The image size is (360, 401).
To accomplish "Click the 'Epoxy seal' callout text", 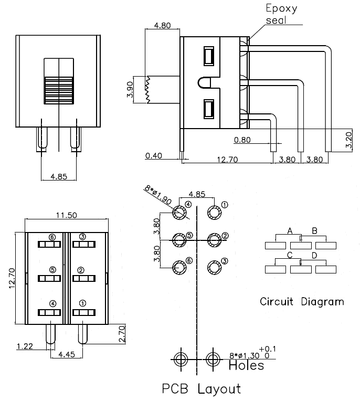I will tap(281, 15).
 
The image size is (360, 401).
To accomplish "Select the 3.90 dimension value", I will tap(130, 91).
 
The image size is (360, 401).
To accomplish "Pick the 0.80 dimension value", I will tap(243, 140).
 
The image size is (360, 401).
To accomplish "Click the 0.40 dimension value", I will tap(154, 155).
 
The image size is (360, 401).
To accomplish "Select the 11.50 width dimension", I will tap(66, 215).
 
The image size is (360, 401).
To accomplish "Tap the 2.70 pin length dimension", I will tap(122, 334).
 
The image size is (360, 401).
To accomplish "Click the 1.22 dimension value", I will tap(25, 346).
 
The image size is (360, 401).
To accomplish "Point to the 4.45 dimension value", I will tap(66, 355).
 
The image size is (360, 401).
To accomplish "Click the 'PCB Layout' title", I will tap(201, 389).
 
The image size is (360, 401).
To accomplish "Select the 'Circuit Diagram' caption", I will tap(302, 302).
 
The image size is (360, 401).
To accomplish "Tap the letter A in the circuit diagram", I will tap(290, 231).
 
